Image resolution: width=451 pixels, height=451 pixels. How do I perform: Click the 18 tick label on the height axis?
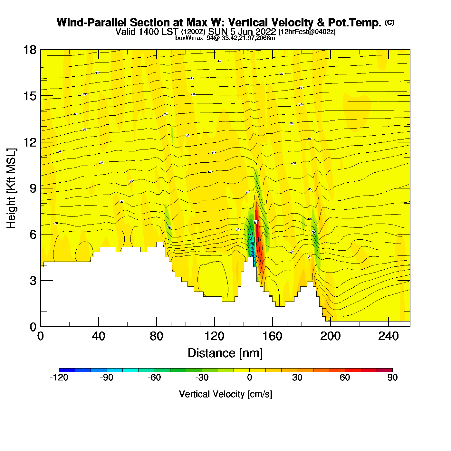(30, 50)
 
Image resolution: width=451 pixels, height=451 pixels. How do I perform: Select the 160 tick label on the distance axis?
(272, 336)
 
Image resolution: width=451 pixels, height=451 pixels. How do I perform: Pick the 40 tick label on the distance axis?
(98, 336)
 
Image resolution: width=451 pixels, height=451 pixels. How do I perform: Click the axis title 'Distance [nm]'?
(225, 353)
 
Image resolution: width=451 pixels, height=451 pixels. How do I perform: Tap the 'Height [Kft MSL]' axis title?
(11, 188)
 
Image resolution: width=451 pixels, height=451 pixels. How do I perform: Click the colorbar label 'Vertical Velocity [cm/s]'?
(225, 394)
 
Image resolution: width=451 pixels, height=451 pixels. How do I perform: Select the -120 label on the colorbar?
(59, 378)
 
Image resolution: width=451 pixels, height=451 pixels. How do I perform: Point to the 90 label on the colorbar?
(392, 378)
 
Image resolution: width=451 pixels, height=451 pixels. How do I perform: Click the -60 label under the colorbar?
(154, 378)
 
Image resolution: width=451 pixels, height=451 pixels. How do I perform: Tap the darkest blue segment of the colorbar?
(67, 370)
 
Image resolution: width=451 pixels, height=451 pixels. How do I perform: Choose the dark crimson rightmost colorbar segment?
(385, 370)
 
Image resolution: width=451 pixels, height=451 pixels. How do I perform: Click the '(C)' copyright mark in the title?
(389, 22)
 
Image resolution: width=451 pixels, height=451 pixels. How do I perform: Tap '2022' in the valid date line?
(266, 32)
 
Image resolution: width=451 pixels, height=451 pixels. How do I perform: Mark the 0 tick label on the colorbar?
(249, 378)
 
